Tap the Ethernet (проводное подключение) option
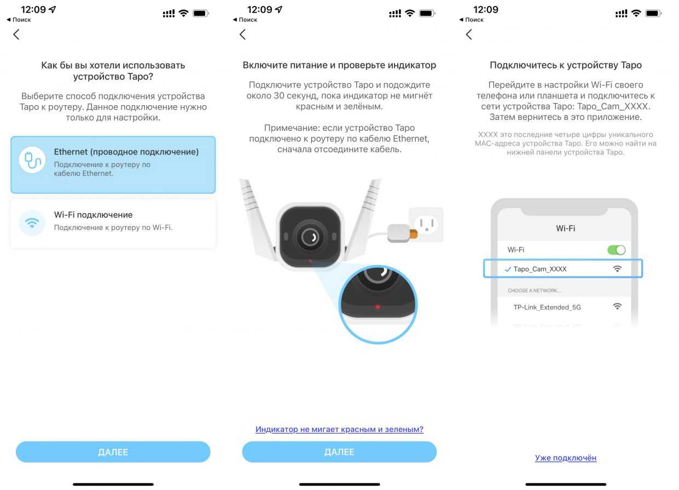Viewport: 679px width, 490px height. (113, 164)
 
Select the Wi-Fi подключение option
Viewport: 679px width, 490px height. (113, 223)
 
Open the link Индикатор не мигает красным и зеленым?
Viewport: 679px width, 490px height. (339, 429)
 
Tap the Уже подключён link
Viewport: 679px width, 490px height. (566, 458)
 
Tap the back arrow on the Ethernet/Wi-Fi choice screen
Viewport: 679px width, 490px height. (16, 34)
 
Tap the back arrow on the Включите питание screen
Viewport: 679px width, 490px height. (242, 34)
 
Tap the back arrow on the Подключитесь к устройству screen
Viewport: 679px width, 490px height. (469, 34)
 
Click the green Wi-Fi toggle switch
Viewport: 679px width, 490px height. (616, 250)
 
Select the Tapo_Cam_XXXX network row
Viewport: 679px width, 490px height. (563, 268)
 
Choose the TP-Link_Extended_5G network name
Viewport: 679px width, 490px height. (547, 307)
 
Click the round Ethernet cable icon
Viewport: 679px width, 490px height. (32, 160)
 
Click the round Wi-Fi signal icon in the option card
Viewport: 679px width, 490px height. (32, 223)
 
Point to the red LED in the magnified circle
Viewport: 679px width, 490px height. (378, 307)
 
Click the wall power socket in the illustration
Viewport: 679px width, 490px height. (426, 224)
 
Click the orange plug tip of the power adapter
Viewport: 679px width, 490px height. (414, 234)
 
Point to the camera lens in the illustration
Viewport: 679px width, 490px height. (310, 237)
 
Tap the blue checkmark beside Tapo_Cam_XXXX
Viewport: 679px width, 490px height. (508, 269)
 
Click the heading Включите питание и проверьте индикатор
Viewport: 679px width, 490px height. (339, 65)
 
